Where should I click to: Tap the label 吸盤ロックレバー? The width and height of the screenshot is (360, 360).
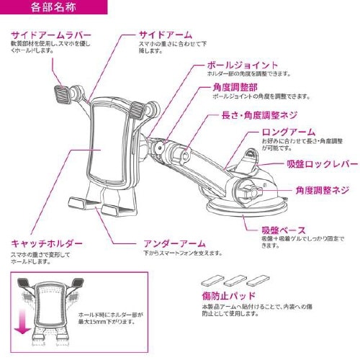(322, 164)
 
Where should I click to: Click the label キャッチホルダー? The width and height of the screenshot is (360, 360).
(47, 243)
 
